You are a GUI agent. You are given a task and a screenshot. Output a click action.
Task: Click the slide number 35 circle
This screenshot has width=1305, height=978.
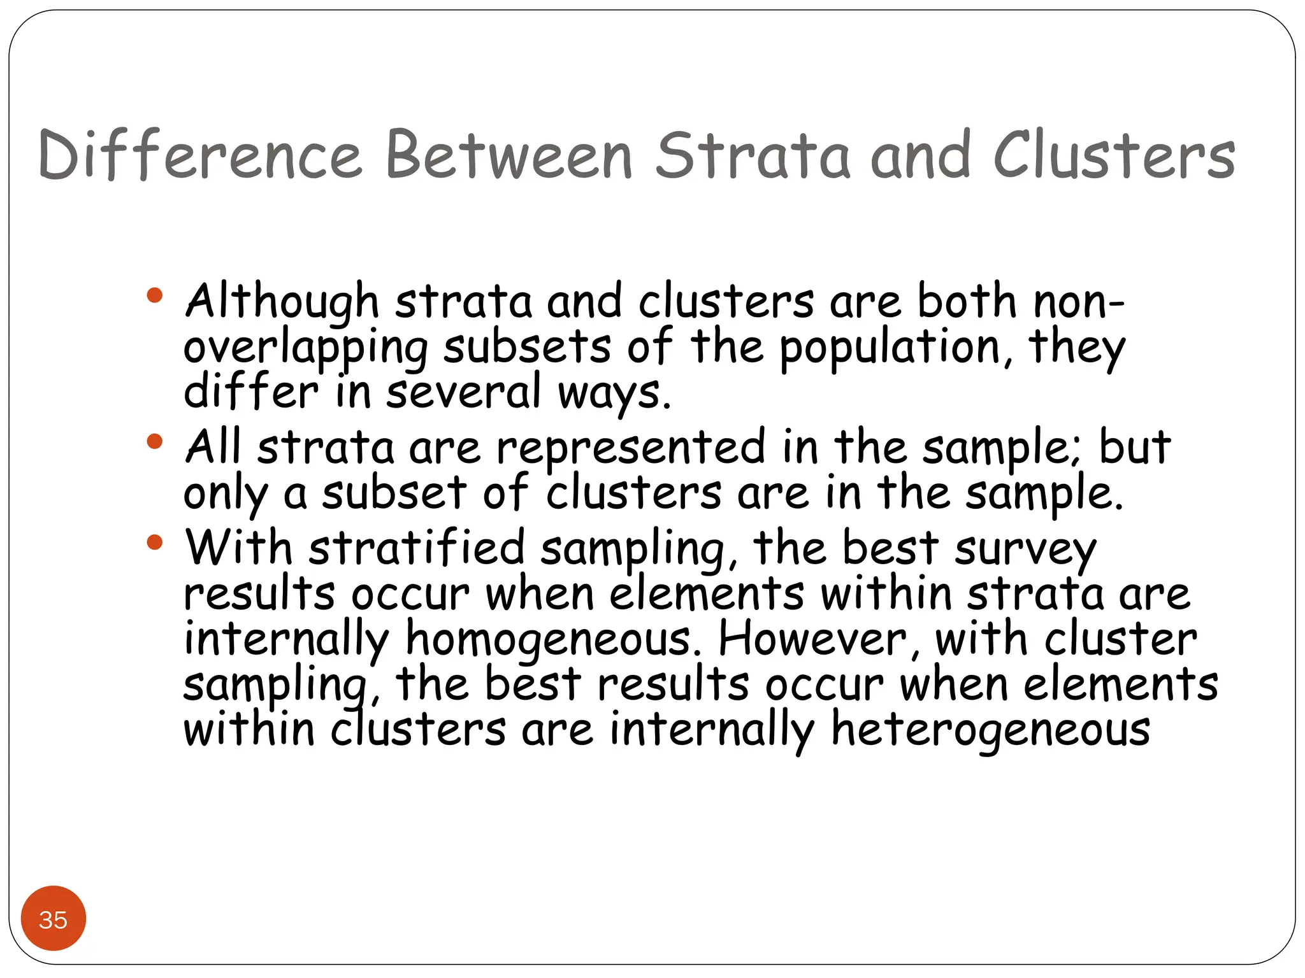(54, 918)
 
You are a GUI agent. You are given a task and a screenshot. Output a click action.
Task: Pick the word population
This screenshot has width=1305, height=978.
(890, 348)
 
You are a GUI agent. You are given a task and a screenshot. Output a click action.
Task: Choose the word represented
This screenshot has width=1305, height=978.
(630, 447)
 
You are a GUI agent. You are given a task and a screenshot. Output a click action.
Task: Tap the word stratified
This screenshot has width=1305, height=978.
(417, 548)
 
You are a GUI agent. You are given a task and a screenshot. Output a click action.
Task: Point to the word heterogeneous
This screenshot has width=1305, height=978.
(991, 730)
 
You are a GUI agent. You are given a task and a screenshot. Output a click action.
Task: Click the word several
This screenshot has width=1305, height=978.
(464, 393)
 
